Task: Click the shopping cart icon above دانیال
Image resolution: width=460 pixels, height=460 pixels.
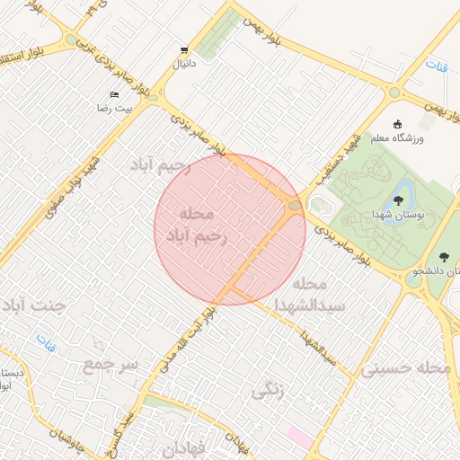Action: click(x=184, y=50)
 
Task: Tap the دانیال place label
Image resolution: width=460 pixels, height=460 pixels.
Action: click(x=183, y=64)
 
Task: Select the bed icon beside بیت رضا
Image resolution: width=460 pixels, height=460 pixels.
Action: click(x=114, y=94)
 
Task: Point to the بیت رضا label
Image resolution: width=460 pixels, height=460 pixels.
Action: click(x=115, y=108)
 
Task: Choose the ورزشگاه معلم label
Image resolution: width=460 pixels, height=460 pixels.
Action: click(x=399, y=138)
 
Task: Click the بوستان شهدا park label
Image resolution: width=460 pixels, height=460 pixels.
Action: click(x=397, y=215)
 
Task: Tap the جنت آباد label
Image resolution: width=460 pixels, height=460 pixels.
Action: click(x=33, y=305)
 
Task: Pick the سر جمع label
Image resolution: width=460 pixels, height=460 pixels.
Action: click(x=111, y=364)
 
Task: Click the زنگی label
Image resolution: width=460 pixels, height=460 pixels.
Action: click(x=270, y=390)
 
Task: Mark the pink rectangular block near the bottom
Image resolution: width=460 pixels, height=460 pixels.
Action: click(x=300, y=438)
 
